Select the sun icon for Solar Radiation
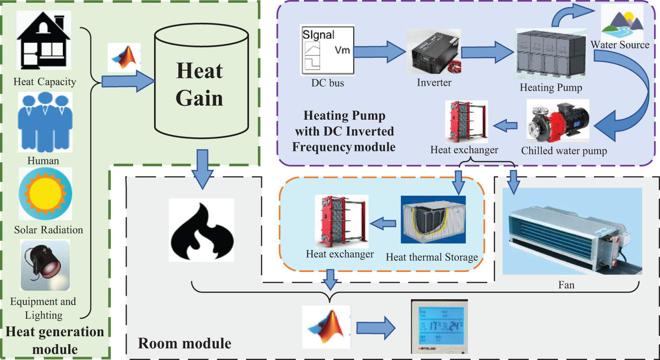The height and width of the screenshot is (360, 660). [45, 194]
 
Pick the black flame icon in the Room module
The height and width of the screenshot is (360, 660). [201, 229]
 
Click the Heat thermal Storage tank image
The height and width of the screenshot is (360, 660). [433, 219]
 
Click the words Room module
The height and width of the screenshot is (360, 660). [185, 344]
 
